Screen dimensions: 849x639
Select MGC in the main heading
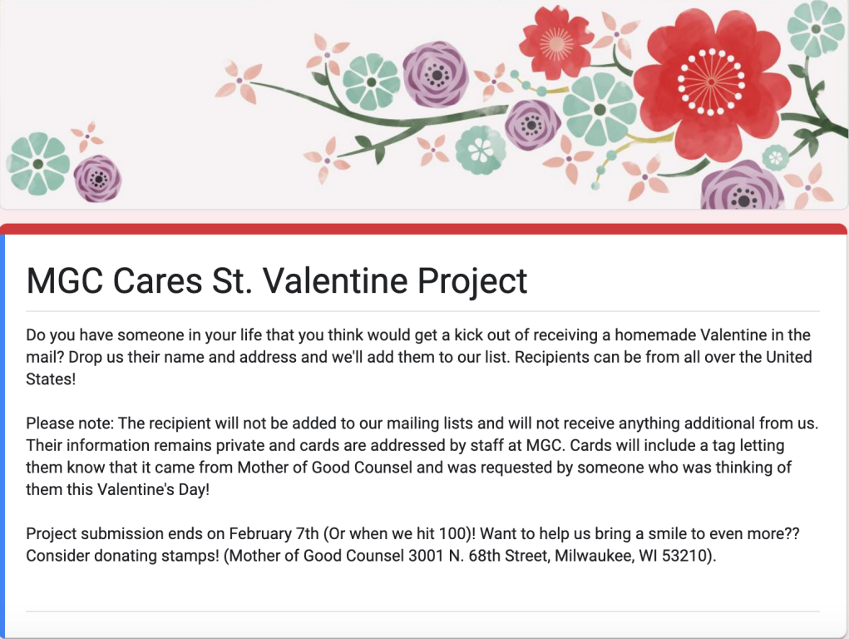[x=65, y=280]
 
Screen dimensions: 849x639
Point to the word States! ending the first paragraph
[x=51, y=379]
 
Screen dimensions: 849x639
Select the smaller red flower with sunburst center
[x=556, y=42]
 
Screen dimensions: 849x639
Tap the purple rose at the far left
[x=98, y=178]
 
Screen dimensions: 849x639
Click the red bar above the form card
[x=424, y=230]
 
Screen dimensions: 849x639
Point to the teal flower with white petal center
[x=481, y=150]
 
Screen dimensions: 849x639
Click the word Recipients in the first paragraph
[x=551, y=357]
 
